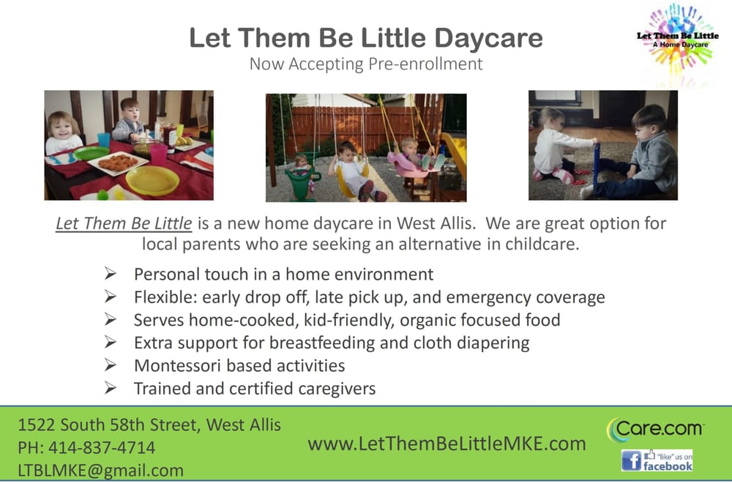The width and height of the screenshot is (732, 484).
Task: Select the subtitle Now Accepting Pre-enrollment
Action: point(366,64)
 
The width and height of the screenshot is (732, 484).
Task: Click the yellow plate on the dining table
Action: point(152,180)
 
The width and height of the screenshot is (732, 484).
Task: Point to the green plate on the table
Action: point(91,153)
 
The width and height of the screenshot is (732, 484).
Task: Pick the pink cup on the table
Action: point(157,154)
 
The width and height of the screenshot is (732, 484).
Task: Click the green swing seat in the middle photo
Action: point(301,184)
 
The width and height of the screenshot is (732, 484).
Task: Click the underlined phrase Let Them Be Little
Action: point(124,223)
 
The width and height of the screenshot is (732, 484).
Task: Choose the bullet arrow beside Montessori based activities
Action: point(111,365)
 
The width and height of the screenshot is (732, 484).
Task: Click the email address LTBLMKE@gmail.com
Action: point(101,470)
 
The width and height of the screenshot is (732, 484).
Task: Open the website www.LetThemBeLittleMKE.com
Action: point(447,444)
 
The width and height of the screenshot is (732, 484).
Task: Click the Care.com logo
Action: point(655,429)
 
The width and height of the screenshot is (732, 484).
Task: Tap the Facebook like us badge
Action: point(657,461)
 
